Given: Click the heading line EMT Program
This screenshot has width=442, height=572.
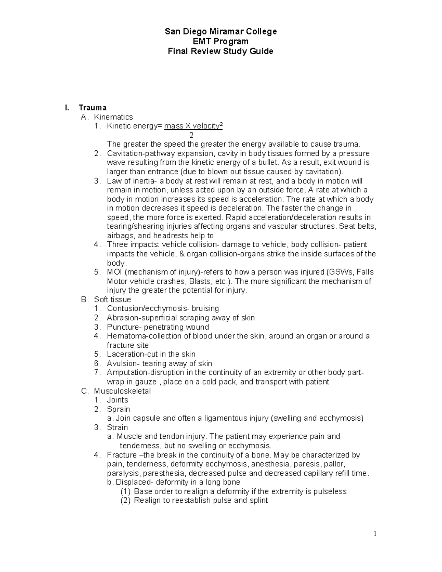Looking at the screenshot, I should point(220,41).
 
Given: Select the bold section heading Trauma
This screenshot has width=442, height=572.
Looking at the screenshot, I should point(92,108).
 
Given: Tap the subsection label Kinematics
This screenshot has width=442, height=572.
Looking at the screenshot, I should point(113,117).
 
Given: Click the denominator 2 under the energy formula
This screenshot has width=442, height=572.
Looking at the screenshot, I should point(191,135).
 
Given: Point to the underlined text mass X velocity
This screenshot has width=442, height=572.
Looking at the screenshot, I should point(192,126).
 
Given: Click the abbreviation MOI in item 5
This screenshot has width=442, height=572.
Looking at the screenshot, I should point(115,272).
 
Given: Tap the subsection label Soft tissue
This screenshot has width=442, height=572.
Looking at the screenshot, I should point(112,299).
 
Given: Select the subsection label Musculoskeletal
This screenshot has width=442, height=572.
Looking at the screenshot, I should point(122,391).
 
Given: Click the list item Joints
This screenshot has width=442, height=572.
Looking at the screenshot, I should point(117,400).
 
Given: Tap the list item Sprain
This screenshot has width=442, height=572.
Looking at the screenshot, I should point(118,409).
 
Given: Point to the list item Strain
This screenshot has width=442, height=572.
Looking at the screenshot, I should point(117,427).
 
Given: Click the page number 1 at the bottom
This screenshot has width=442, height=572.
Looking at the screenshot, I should point(375,534).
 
